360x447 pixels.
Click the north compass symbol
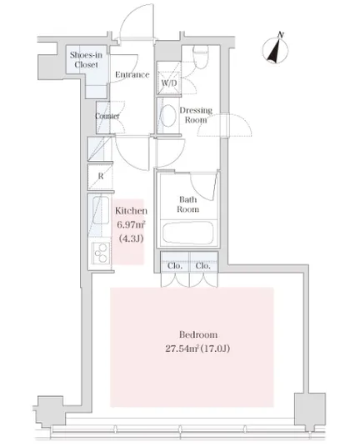tap(275, 49)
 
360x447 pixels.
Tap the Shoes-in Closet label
tap(86, 59)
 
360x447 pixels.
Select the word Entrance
tap(132, 75)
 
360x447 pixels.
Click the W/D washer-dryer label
tap(169, 83)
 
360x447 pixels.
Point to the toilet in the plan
tap(201, 57)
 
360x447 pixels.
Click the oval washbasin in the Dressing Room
tap(168, 115)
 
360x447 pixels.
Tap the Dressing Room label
tap(196, 115)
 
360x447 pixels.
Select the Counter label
tap(107, 116)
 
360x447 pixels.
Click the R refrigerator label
tap(101, 176)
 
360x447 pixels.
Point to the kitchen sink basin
tap(101, 210)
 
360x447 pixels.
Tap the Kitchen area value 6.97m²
tap(131, 224)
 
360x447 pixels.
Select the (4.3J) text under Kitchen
tap(131, 238)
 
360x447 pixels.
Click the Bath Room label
tap(188, 204)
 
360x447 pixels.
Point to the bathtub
tap(187, 233)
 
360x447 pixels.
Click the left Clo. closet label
tap(175, 266)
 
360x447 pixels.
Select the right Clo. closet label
tap(202, 266)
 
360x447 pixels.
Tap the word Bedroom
tap(198, 334)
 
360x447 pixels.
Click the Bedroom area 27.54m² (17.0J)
tap(197, 349)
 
